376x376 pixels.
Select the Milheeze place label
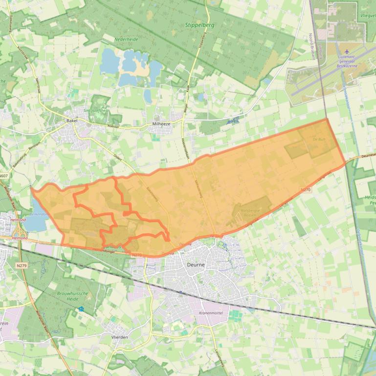tap(161, 125)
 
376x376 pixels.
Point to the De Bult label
tap(319, 139)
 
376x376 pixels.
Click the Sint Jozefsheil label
tap(96, 110)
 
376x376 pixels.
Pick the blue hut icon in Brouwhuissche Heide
tap(81, 309)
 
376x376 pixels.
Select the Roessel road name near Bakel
tap(127, 125)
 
